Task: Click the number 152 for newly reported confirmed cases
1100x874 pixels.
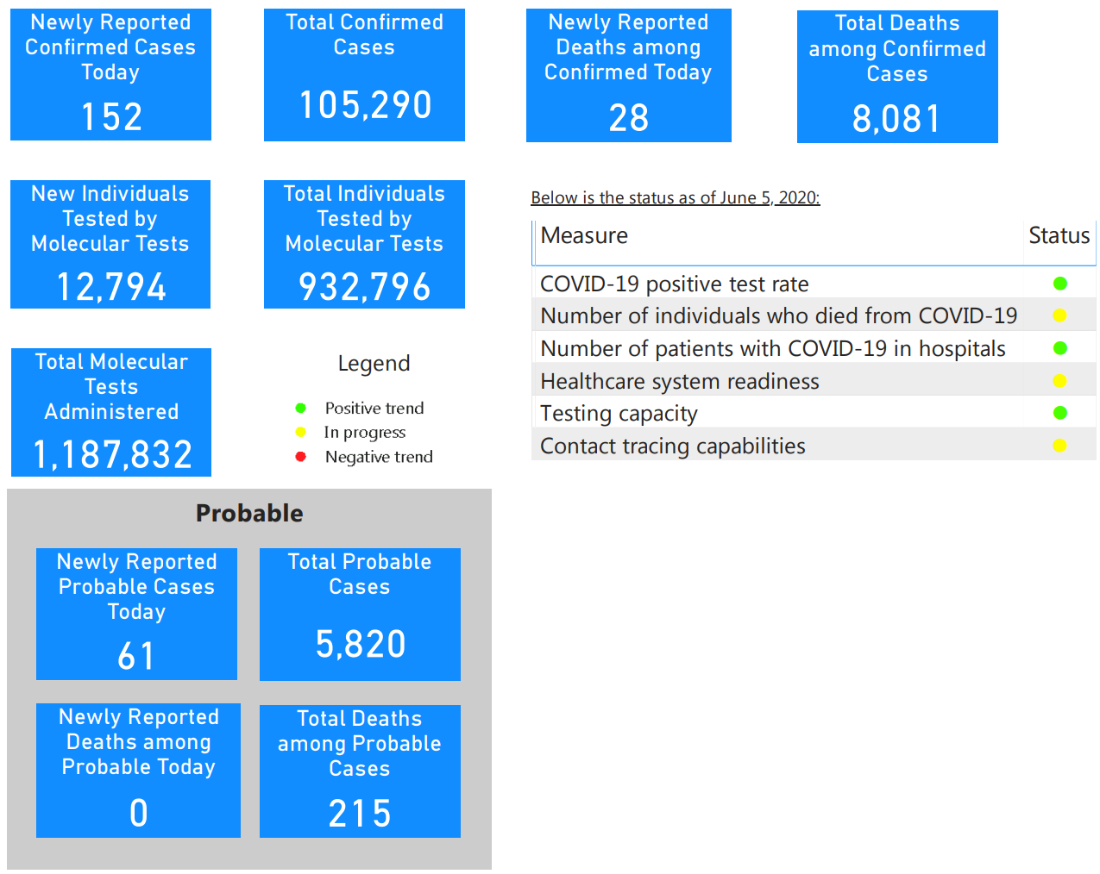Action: (111, 116)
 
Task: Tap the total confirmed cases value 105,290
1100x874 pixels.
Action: (365, 104)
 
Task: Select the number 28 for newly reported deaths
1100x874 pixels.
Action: (628, 117)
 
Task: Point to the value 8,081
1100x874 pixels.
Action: (896, 118)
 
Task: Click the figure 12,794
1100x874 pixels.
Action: (111, 286)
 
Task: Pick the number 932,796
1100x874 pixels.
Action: (364, 286)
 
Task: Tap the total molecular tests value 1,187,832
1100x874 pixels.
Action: (112, 454)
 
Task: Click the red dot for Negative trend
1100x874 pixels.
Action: (300, 456)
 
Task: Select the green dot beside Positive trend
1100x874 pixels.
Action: (300, 408)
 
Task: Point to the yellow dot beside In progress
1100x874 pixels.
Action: (300, 432)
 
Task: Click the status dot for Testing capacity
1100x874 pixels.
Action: (1059, 412)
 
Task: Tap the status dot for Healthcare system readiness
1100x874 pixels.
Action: (1059, 381)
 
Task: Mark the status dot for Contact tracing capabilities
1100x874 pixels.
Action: (1059, 445)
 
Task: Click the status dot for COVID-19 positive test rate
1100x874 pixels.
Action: (1059, 283)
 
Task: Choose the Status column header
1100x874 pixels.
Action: (1059, 235)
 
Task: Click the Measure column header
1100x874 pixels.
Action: (584, 235)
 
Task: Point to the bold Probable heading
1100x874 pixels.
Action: (249, 513)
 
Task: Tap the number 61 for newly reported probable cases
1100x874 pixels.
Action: (136, 656)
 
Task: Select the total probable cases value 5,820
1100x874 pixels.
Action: (361, 644)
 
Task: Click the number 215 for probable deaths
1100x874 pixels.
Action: (360, 813)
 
